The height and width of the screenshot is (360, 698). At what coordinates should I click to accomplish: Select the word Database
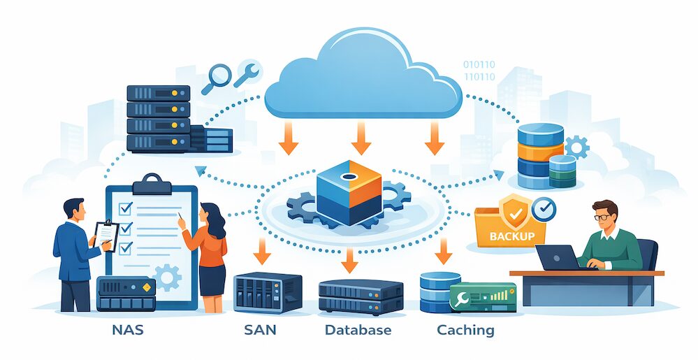[358, 329]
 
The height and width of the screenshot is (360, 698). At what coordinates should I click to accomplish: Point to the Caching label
[465, 329]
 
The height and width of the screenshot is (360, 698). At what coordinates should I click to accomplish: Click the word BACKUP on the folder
[513, 236]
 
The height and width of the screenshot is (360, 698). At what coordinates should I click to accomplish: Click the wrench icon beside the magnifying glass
[247, 74]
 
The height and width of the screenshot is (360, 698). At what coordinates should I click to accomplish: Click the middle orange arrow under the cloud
[361, 139]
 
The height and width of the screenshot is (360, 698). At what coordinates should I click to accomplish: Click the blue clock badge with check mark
[544, 208]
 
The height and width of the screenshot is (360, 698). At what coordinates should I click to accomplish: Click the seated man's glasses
[602, 217]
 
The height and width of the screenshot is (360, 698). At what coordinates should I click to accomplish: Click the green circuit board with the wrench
[482, 296]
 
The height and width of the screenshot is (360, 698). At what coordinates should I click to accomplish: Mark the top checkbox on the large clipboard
[126, 208]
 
